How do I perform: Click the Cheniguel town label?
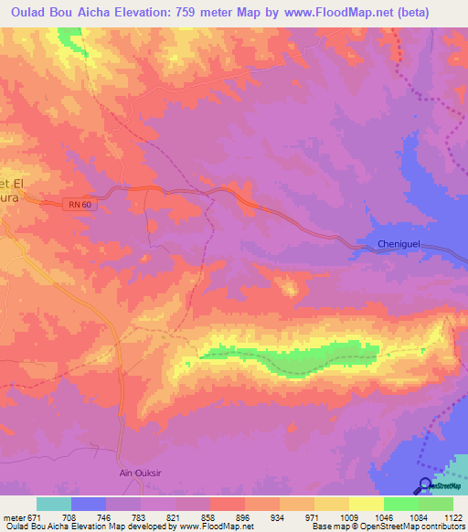tap(403, 244)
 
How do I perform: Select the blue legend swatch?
tap(89, 504)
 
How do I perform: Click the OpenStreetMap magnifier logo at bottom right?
tap(426, 486)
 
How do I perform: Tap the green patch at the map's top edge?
tap(69, 36)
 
